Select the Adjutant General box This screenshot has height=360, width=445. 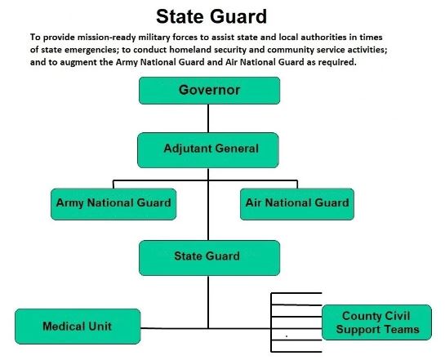209,149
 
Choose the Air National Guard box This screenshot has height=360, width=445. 296,202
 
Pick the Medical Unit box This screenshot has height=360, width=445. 78,327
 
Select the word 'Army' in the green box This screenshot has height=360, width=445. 70,202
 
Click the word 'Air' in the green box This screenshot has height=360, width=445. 254,202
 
